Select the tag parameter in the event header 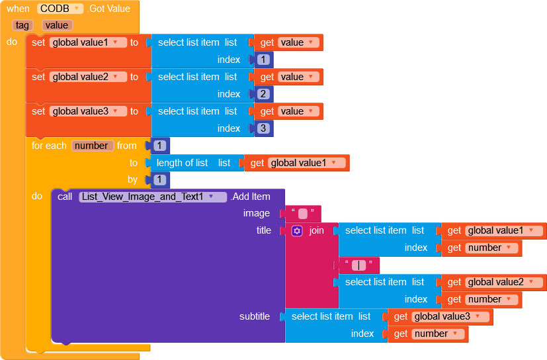(x=23, y=25)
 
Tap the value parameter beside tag (x=57, y=25)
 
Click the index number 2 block (x=264, y=94)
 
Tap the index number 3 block (x=264, y=128)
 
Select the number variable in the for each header (x=92, y=146)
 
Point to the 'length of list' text (x=182, y=163)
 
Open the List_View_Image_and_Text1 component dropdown (x=152, y=197)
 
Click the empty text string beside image (x=303, y=213)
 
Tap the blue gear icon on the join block (x=297, y=231)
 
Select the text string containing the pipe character (x=358, y=265)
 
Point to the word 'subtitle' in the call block (x=255, y=316)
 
